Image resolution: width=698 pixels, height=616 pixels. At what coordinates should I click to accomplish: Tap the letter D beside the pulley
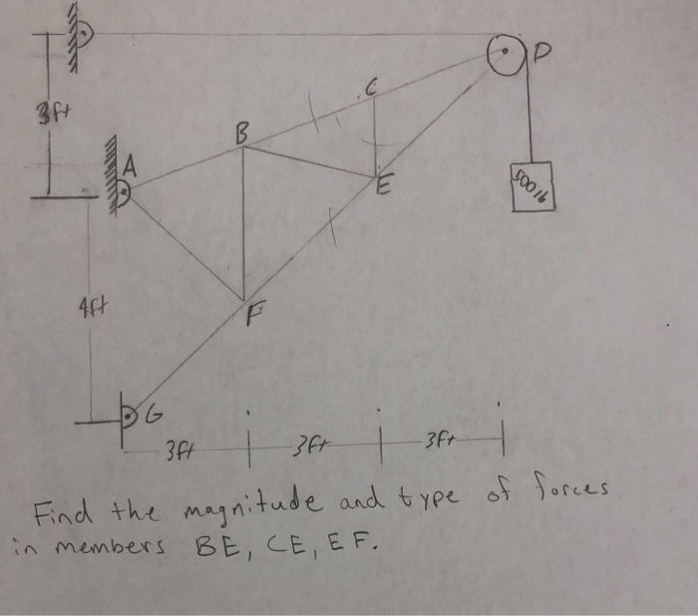(543, 50)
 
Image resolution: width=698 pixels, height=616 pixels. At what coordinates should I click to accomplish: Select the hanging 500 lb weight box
(530, 186)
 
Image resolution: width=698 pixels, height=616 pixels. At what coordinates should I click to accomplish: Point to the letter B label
(242, 130)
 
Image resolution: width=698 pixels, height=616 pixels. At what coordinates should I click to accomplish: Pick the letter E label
(385, 187)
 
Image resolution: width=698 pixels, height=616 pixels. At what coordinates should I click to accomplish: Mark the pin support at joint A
(122, 189)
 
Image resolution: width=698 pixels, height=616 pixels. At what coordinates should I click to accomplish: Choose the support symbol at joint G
(130, 410)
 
